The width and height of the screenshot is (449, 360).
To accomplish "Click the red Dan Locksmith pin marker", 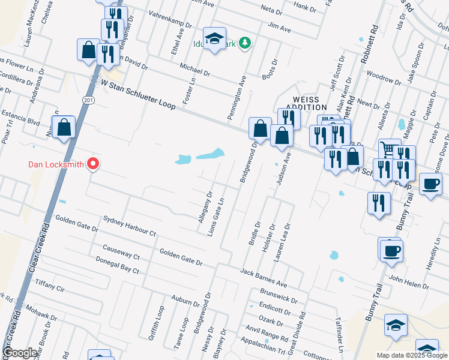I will click(93, 163).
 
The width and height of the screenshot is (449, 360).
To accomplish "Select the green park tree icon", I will click(244, 43).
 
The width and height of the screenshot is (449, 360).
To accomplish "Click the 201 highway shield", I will click(89, 100).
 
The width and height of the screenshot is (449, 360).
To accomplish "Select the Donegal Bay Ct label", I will click(118, 265).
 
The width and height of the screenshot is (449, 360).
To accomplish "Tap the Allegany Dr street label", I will click(205, 208).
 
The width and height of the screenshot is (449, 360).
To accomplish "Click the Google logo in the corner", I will click(20, 353).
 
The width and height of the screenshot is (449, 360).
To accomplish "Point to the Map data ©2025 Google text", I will click(412, 355).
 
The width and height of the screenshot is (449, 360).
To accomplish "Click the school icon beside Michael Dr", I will click(214, 39).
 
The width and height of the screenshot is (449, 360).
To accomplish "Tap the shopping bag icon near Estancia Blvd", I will click(64, 128).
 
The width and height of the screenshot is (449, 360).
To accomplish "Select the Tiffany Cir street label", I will click(49, 282).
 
